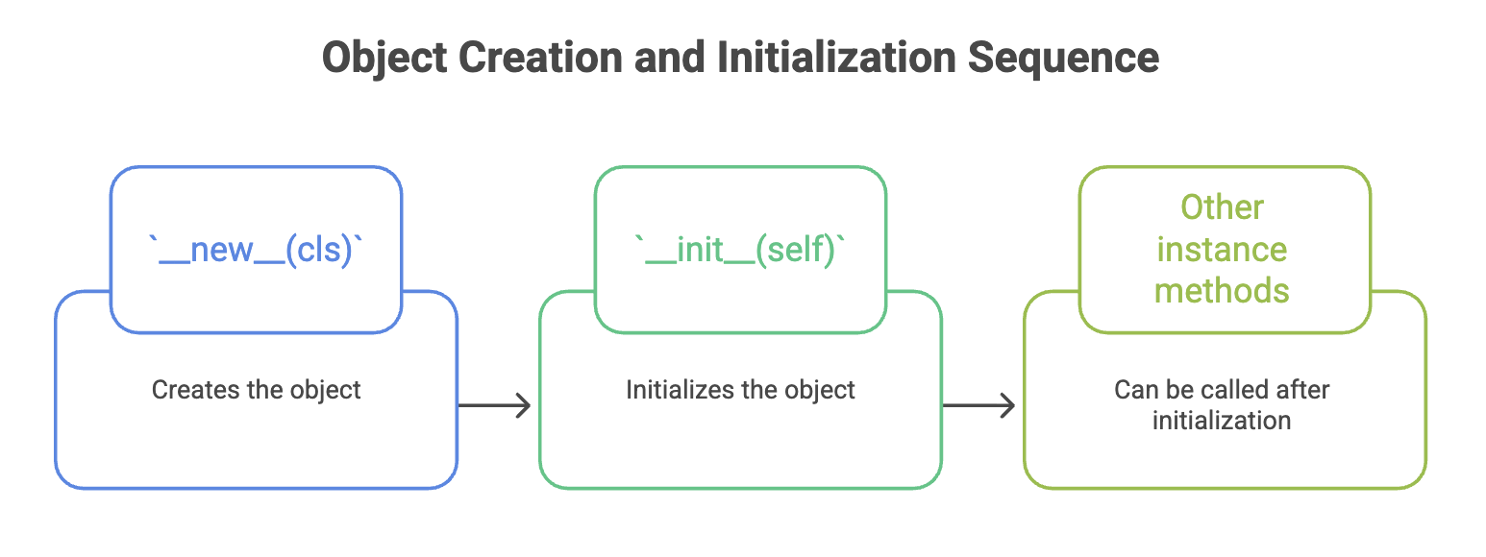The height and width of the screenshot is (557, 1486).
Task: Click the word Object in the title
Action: (384, 59)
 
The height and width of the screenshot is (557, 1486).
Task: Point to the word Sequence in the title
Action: (1063, 59)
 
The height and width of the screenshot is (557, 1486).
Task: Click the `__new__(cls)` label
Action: (256, 251)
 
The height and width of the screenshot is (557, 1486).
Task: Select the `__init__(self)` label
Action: (740, 251)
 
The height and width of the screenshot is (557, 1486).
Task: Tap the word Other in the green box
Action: (1222, 207)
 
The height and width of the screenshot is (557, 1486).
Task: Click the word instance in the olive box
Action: (1222, 250)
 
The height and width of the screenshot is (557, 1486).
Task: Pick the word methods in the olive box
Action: (1222, 291)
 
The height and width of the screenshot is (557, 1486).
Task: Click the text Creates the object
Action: (256, 391)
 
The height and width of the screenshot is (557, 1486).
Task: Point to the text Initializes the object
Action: (740, 391)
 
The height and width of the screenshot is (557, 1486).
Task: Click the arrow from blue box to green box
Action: (494, 405)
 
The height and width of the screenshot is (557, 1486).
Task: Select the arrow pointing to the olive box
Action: (978, 405)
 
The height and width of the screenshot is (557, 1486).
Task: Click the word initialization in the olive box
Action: (1222, 421)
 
